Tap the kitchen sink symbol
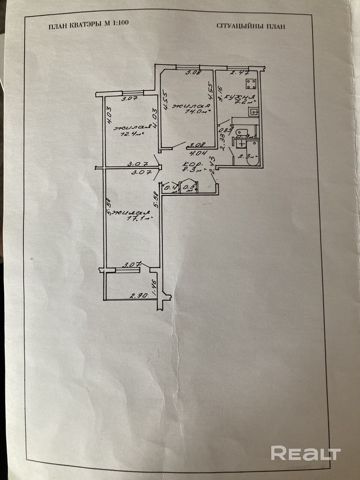(254, 111)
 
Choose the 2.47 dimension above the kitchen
(237, 73)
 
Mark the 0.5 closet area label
(191, 186)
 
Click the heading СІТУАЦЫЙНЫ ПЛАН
(251, 26)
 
